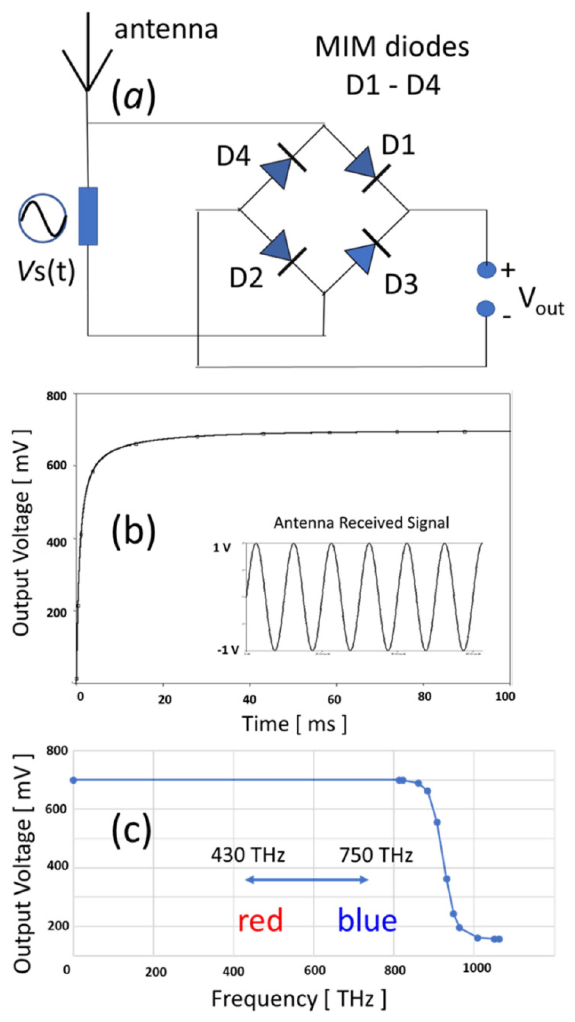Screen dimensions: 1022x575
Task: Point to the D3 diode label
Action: coord(401,284)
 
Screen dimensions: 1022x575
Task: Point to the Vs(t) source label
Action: coord(46,272)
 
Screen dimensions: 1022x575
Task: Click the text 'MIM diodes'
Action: coord(392,47)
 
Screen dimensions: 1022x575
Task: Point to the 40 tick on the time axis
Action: coord(249,699)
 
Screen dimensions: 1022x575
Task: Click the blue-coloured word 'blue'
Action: coord(367,921)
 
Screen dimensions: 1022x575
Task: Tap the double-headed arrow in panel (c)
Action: coord(307,888)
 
